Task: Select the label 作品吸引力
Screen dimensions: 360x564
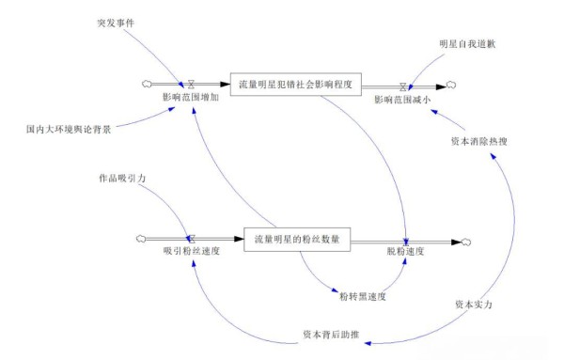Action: [122, 176]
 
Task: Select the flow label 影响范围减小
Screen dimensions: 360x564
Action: [404, 98]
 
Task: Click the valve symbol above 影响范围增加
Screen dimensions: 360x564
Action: [190, 83]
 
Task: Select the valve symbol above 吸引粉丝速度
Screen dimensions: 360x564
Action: [190, 240]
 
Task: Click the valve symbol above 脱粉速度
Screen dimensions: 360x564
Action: [406, 240]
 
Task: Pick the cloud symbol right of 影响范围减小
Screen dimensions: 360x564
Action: [452, 84]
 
